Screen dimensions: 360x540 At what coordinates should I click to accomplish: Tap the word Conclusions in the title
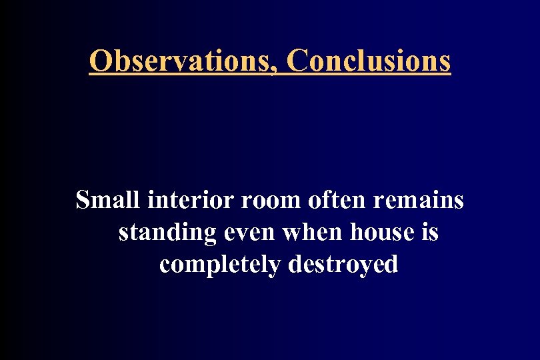(369, 61)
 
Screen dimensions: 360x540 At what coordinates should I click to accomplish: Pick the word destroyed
(343, 265)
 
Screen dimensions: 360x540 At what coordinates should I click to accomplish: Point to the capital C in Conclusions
(297, 61)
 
